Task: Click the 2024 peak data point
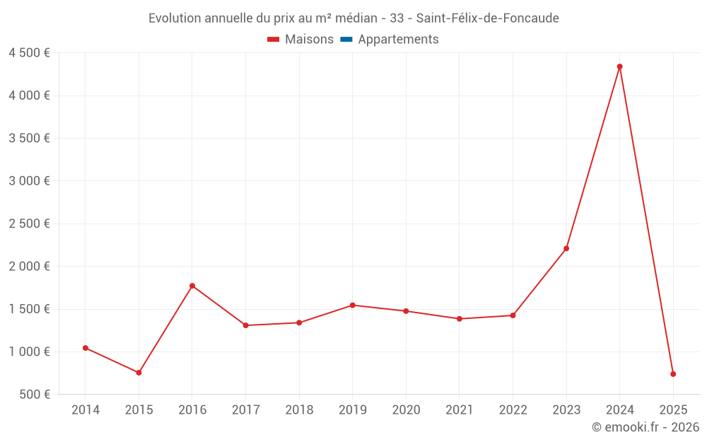[619, 66]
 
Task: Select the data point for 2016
[192, 286]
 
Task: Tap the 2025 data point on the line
[673, 374]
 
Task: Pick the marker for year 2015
[139, 373]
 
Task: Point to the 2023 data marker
[566, 248]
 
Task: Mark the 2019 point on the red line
[352, 305]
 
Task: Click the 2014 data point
[86, 348]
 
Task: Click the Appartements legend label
[398, 40]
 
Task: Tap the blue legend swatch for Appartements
[346, 40]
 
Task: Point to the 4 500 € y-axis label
[29, 53]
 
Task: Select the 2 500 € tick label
[29, 224]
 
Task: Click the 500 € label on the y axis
[35, 395]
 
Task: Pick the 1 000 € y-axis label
[29, 352]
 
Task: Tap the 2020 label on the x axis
[406, 410]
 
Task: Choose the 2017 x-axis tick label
[245, 410]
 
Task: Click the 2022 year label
[513, 410]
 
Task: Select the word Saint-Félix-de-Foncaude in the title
[487, 18]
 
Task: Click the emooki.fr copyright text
[645, 427]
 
